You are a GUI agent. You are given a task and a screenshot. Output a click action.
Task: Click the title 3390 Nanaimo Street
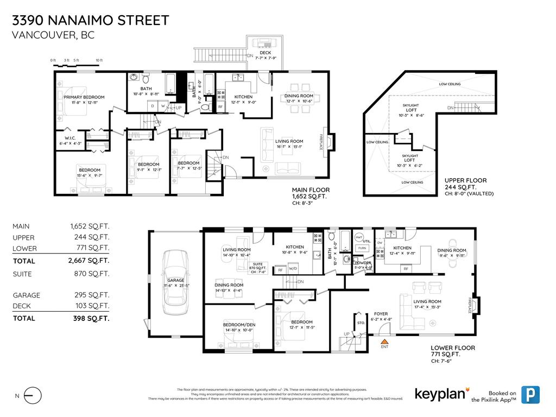pyautogui.click(x=91, y=21)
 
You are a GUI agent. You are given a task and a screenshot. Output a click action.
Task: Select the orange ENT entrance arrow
pyautogui.click(x=384, y=340)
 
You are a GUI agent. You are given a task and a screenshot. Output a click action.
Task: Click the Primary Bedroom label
pyautogui.click(x=84, y=97)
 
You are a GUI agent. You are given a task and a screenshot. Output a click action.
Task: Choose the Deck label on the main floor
pyautogui.click(x=265, y=52)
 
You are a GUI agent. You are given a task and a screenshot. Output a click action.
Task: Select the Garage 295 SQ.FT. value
pyautogui.click(x=92, y=295)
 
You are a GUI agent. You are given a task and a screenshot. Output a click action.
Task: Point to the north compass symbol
pyautogui.click(x=33, y=396)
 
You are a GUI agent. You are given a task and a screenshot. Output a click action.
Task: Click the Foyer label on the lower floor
pyautogui.click(x=381, y=313)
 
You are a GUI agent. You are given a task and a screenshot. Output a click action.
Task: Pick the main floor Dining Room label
pyautogui.click(x=299, y=96)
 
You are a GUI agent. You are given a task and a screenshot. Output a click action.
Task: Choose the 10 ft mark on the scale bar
pyautogui.click(x=99, y=60)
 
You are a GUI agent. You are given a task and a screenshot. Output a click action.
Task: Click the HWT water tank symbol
pyautogui.click(x=358, y=237)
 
